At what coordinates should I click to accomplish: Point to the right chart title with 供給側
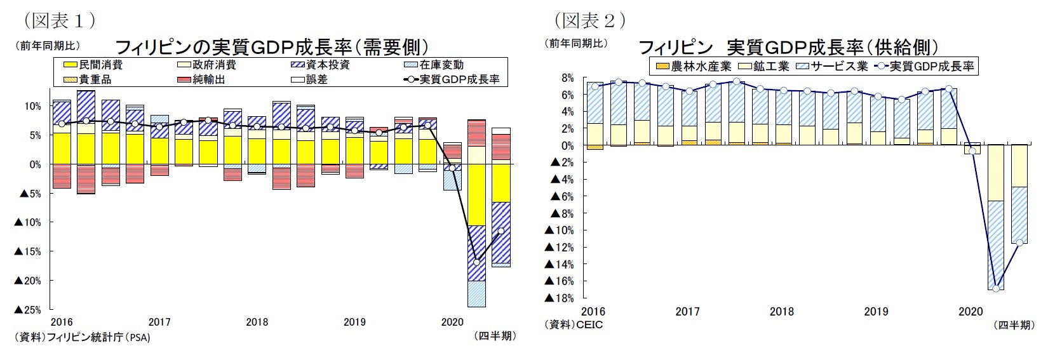coord(788,48)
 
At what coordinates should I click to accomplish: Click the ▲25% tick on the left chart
coord(27,310)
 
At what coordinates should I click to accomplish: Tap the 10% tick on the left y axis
coord(32,106)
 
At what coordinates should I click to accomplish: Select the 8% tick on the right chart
coord(567,78)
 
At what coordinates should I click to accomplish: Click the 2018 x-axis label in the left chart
coord(257,322)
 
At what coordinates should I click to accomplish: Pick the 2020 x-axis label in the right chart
coord(970,312)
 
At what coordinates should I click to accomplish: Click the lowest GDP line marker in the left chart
coord(476,262)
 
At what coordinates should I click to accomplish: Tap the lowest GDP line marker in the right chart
coord(995,288)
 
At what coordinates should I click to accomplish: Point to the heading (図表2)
coord(590,21)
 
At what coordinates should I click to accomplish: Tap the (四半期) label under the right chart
coord(1014,325)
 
